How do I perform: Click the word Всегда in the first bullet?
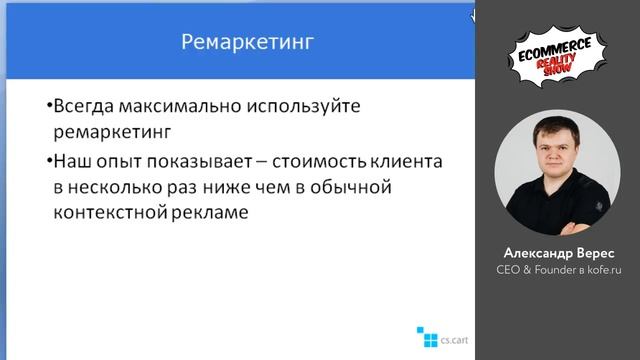pos(81,106)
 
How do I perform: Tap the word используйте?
pos(302,106)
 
